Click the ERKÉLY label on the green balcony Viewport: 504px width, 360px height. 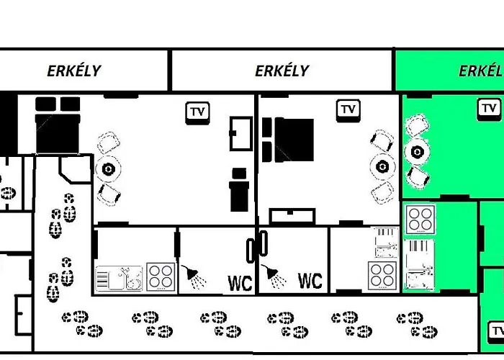(x=481, y=71)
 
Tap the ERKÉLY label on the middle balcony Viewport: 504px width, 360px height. (x=282, y=71)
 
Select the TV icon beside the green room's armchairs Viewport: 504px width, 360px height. (x=489, y=109)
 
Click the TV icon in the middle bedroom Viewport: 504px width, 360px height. (x=348, y=111)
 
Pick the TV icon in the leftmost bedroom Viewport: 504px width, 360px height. (x=197, y=113)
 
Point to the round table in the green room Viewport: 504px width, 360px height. (x=417, y=151)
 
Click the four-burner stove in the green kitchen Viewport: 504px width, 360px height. (x=420, y=219)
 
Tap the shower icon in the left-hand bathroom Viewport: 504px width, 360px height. (x=194, y=276)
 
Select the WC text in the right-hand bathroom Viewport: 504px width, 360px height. (x=310, y=281)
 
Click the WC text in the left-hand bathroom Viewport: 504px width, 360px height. (x=240, y=283)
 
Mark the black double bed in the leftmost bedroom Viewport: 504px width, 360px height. (x=58, y=125)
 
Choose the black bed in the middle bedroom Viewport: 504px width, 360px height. (x=288, y=140)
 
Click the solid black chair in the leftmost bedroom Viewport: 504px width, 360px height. (x=239, y=189)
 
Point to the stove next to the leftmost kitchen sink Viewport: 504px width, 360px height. (x=161, y=276)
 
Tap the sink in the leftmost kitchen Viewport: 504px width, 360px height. (x=119, y=279)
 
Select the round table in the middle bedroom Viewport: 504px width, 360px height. (x=382, y=167)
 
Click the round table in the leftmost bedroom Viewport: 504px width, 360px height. (x=108, y=168)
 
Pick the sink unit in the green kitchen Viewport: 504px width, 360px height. (x=418, y=264)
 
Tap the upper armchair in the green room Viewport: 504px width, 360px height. (x=418, y=125)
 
